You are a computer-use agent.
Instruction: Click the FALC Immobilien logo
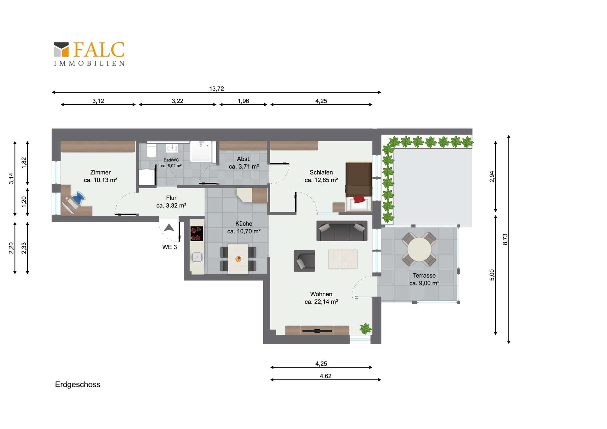click(89, 54)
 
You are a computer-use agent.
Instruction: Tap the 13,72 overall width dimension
click(217, 89)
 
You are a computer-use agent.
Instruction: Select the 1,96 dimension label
click(243, 101)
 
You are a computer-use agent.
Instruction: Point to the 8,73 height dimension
click(505, 239)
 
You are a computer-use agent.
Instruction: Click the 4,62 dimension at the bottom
click(326, 376)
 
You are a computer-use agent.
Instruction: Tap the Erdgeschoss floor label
click(78, 385)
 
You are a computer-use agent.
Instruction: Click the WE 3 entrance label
click(169, 247)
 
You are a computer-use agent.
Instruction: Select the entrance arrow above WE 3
click(169, 228)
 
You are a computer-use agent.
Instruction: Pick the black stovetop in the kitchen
click(197, 234)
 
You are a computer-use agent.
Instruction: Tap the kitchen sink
click(197, 257)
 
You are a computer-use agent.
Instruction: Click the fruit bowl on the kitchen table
click(238, 259)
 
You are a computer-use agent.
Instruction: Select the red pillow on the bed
click(359, 199)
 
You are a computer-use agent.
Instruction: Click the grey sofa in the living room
click(342, 231)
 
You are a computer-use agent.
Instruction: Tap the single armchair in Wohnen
click(304, 261)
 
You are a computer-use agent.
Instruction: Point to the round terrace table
click(419, 249)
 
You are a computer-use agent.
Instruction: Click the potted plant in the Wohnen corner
click(365, 328)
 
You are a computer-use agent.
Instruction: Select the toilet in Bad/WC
click(151, 151)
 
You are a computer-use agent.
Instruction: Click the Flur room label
click(171, 198)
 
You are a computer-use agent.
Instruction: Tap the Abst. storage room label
click(244, 159)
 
